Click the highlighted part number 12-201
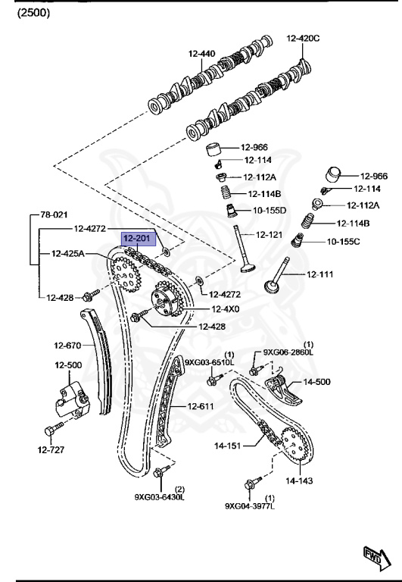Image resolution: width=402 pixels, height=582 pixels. (x=137, y=238)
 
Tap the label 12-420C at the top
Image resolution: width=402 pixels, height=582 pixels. (x=303, y=38)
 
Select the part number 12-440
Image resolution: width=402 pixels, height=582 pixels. (x=201, y=54)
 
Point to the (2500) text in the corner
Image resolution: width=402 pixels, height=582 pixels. (x=33, y=13)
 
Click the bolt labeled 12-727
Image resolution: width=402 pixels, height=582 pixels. (x=54, y=429)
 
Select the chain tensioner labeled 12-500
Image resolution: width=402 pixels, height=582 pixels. (x=73, y=400)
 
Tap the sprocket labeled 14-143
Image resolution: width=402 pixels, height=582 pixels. (x=295, y=444)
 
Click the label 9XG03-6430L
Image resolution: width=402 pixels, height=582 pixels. (x=159, y=497)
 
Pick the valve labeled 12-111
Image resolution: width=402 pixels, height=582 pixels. (x=277, y=274)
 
